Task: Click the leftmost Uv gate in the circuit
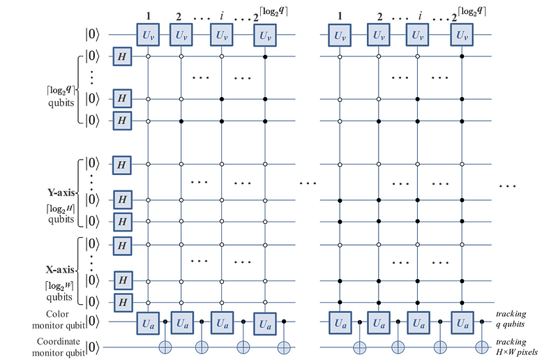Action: click(x=148, y=33)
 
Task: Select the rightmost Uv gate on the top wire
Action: click(x=460, y=33)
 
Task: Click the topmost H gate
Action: click(x=123, y=56)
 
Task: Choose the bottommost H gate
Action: click(x=123, y=302)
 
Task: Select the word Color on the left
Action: click(x=66, y=315)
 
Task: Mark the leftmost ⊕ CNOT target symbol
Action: click(x=166, y=346)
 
